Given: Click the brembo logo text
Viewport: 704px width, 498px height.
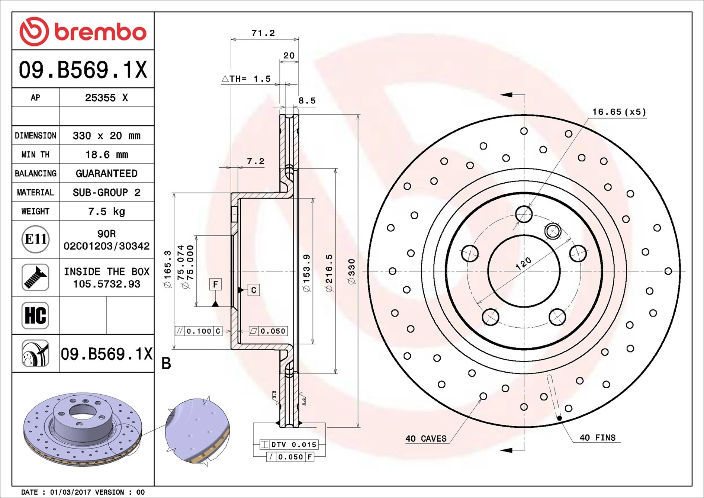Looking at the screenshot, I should [x=100, y=32].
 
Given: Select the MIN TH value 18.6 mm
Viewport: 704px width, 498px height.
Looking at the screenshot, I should [x=107, y=154].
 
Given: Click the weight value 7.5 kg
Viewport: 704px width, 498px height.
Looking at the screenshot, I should [x=107, y=211].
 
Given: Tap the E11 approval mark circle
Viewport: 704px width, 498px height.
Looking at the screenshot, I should [x=35, y=239].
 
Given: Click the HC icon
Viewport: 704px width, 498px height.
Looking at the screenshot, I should [x=35, y=315].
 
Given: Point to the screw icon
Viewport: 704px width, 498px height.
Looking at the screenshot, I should [x=35, y=277].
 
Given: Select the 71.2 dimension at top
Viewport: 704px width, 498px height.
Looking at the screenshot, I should [x=263, y=33].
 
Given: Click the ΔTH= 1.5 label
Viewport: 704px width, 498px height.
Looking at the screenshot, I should [x=246, y=79].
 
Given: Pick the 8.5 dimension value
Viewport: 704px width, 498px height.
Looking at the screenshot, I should [x=307, y=100].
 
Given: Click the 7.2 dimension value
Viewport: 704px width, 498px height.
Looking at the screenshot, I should [x=255, y=161].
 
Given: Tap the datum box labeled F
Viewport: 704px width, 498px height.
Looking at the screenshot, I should [x=216, y=285].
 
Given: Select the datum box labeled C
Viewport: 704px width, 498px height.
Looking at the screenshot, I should [x=254, y=290].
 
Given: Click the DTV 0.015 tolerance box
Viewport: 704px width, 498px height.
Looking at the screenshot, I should [x=289, y=444].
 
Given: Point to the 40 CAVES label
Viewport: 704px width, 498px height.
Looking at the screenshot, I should [x=426, y=438].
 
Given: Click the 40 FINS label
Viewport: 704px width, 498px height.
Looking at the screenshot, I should [x=597, y=438].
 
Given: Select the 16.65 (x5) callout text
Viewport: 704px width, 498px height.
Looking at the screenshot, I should [x=619, y=112].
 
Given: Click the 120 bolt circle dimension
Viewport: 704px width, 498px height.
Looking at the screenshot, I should [x=524, y=263].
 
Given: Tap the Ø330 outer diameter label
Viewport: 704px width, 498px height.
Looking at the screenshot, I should [x=351, y=272].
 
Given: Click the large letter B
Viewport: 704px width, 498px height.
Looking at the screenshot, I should [x=166, y=363].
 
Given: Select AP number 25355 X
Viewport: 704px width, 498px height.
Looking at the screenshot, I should [x=106, y=97].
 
